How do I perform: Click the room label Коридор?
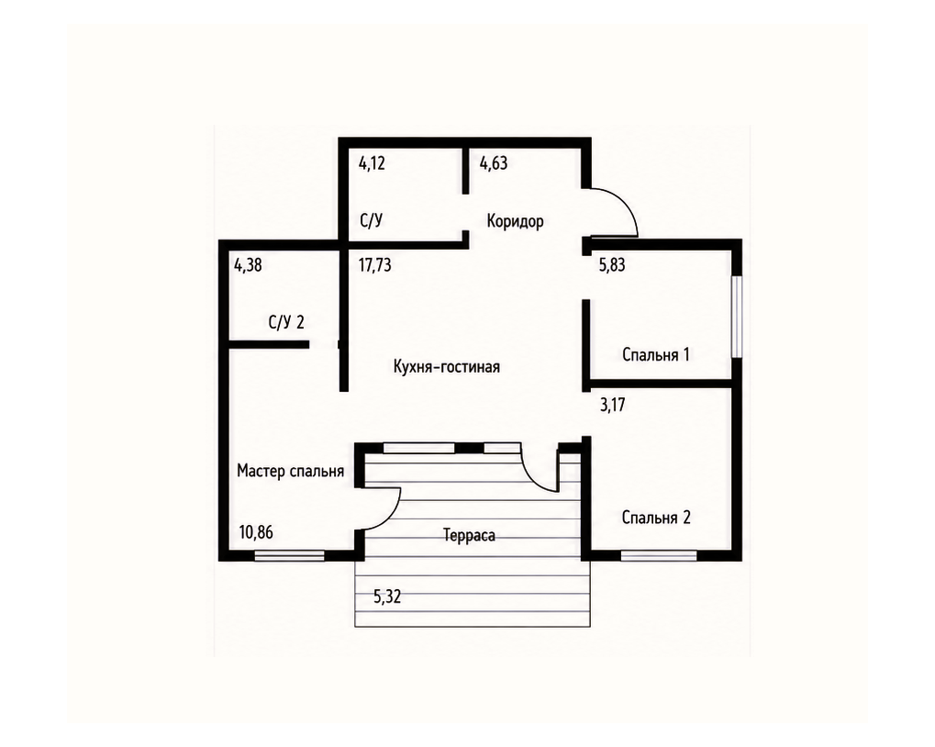pos(515,222)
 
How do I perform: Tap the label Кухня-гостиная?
pos(447,367)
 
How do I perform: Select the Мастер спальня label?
pos(290,471)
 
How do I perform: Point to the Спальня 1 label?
pos(656,355)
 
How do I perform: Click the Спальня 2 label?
pos(656,518)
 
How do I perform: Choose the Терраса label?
pos(469,535)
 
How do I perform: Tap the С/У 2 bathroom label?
pos(286,322)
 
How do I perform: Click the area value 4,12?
pos(373,163)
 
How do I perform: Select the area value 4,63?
pos(494,163)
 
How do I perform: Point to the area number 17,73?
pos(375,264)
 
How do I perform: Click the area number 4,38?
pos(248,264)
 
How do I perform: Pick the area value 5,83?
pos(612,264)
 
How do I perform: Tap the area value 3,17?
pos(612,406)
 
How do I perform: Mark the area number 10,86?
pos(256,532)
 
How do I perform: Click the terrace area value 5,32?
pos(387,596)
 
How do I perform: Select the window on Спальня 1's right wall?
pos(737,317)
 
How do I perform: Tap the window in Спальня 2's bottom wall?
pos(659,556)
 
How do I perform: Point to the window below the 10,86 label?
pos(290,556)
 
